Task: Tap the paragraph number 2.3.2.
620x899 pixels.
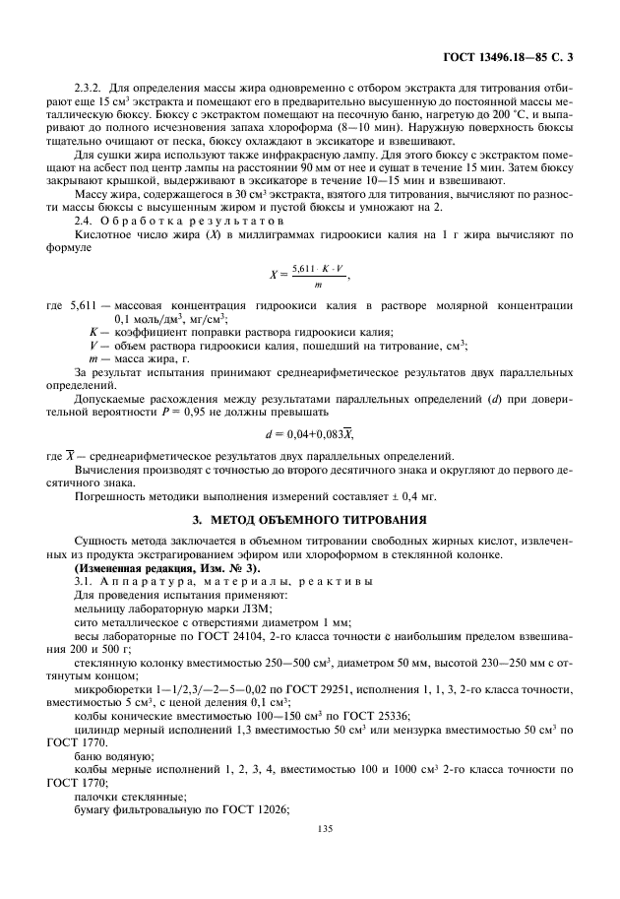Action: click(90, 89)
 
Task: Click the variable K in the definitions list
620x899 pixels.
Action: click(93, 331)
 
